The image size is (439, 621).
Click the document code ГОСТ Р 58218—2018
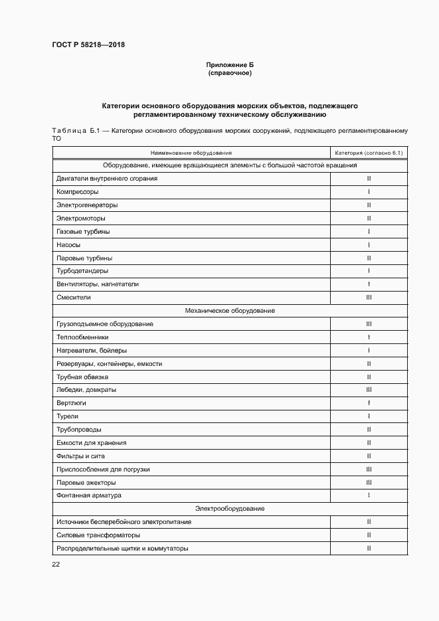(x=88, y=45)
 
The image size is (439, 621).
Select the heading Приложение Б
(x=230, y=64)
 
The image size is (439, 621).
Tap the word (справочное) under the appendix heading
(x=230, y=73)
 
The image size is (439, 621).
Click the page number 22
(x=56, y=564)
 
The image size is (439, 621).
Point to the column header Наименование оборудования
(x=191, y=153)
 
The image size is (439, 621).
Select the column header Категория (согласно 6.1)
(x=369, y=153)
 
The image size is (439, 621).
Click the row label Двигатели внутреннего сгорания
(x=107, y=179)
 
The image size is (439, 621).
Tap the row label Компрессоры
(x=78, y=192)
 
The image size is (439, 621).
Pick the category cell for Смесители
(x=369, y=298)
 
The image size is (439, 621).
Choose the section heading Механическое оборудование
(x=230, y=311)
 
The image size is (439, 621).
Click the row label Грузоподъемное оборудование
(x=105, y=324)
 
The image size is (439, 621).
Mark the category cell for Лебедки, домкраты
(x=369, y=390)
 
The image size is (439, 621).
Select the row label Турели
(x=68, y=416)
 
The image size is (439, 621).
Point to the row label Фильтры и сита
(x=80, y=456)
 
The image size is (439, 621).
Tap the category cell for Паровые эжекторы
(x=369, y=482)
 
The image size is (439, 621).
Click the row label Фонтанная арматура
(x=89, y=495)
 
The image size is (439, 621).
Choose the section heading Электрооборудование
(x=230, y=509)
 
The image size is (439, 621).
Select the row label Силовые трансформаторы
(x=98, y=535)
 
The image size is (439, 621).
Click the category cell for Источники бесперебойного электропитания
(x=369, y=522)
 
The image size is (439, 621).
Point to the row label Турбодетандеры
(x=82, y=271)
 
